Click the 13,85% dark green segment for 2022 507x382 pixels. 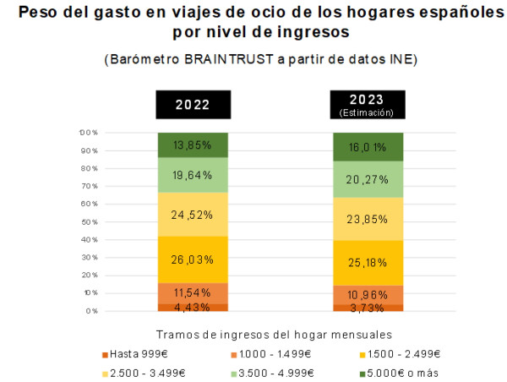pos(193,145)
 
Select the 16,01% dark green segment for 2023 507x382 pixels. pos(368,147)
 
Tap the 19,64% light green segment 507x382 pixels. pos(193,175)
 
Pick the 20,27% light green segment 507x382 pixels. pos(368,179)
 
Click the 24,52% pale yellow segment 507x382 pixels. pos(193,215)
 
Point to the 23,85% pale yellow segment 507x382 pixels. pos(368,219)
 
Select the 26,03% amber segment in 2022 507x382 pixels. pos(193,259)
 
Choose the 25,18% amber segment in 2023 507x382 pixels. pos(368,263)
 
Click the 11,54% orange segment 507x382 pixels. pos(193,293)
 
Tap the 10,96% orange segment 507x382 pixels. pos(368,295)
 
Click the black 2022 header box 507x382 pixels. pos(194,105)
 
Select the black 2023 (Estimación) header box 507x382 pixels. pos(368,105)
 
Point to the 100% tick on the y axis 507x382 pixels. pos(89,133)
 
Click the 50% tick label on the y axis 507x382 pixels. pos(90,222)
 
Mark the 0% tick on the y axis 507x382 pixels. pos(92,311)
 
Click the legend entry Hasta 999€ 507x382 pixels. pos(135,354)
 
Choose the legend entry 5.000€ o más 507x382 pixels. pos(399,374)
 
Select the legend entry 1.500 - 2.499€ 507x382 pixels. pos(400,354)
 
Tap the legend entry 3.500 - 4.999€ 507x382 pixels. pos(272,374)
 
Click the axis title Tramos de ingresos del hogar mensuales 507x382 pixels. pos(274,335)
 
